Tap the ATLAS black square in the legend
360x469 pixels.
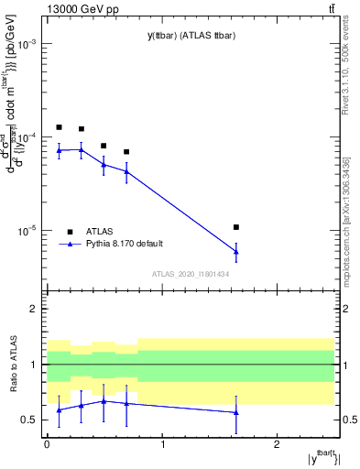[x=70, y=231]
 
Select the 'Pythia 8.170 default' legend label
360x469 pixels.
[x=126, y=244]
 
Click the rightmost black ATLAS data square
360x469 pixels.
[x=236, y=226]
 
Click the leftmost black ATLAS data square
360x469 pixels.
[x=59, y=127]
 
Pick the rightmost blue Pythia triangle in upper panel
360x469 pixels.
[x=236, y=251]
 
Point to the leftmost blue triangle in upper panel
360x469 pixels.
[x=59, y=150]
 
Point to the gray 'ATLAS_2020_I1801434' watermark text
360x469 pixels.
[x=190, y=274]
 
